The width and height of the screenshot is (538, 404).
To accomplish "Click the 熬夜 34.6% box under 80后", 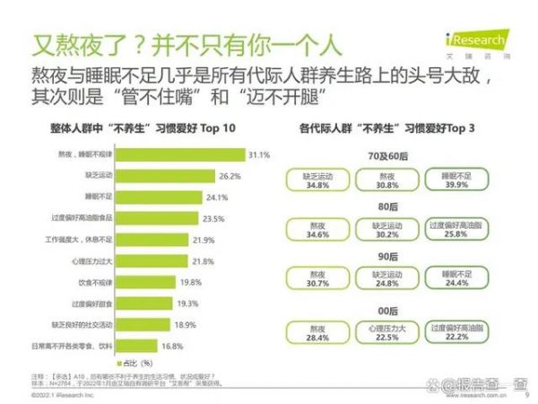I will pos(317,230).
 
